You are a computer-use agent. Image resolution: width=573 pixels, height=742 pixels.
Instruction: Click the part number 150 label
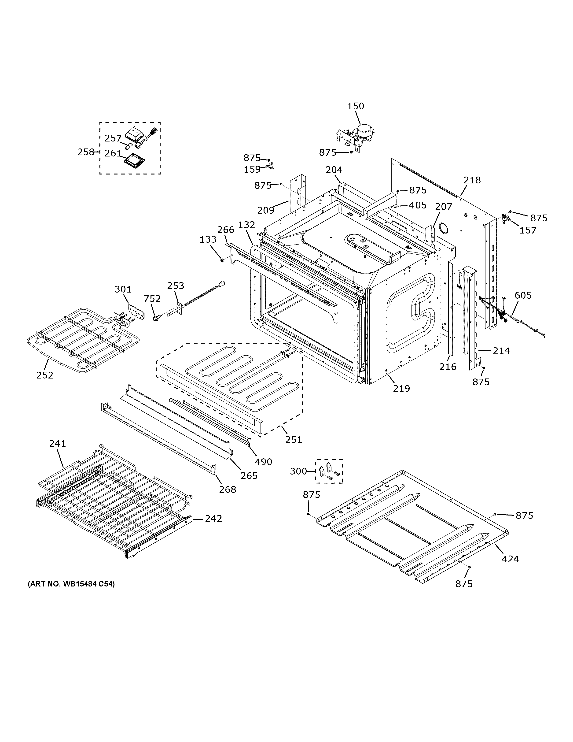355,106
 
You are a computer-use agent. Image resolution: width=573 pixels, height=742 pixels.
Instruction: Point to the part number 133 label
208,240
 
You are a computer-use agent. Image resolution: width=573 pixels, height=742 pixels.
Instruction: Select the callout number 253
176,286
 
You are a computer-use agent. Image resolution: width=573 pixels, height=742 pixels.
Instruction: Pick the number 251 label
293,440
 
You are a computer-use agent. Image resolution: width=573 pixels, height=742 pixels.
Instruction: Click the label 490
263,462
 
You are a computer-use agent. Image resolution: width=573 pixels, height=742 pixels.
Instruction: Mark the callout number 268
228,489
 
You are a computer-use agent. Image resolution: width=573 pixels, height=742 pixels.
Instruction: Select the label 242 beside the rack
213,519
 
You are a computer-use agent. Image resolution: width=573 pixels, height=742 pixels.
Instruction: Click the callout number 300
298,471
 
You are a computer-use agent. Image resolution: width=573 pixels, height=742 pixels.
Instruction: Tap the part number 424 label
510,559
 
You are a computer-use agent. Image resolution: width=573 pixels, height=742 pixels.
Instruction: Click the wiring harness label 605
523,295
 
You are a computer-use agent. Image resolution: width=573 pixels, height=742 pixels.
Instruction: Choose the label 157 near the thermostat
528,230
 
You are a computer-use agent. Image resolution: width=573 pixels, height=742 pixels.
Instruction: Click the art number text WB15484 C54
71,584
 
